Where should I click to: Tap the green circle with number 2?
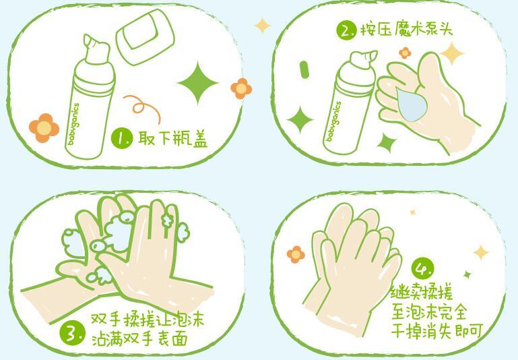click(x=346, y=30)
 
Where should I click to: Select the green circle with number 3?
click(x=72, y=332)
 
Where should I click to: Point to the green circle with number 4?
click(x=422, y=269)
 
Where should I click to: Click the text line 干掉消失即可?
click(x=438, y=330)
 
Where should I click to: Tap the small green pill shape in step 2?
click(x=304, y=69)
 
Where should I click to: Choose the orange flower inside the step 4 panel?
click(x=295, y=254)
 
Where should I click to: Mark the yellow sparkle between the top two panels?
click(x=262, y=26)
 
